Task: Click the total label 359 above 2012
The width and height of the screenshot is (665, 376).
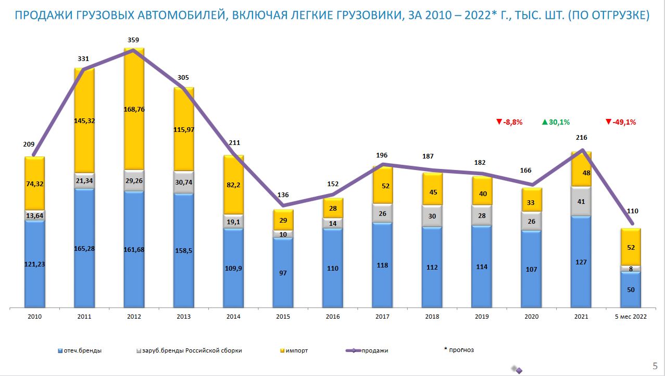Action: pyautogui.click(x=134, y=40)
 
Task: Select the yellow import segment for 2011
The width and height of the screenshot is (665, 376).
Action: pyautogui.click(x=84, y=120)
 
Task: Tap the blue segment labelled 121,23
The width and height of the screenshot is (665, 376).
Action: pyautogui.click(x=35, y=264)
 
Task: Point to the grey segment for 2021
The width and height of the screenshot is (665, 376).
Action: pyautogui.click(x=581, y=201)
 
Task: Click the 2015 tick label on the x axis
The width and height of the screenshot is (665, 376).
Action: pyautogui.click(x=283, y=317)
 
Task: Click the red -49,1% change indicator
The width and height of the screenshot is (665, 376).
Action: pyautogui.click(x=621, y=122)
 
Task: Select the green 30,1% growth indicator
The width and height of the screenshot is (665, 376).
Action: pyautogui.click(x=556, y=122)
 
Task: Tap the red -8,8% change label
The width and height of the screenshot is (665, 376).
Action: pyautogui.click(x=509, y=122)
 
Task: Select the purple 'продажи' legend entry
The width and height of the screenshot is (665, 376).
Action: pyautogui.click(x=374, y=350)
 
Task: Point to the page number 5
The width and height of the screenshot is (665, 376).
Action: pyautogui.click(x=655, y=365)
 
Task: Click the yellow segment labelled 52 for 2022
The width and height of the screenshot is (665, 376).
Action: pyautogui.click(x=631, y=247)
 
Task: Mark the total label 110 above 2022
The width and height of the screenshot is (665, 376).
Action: pyautogui.click(x=633, y=211)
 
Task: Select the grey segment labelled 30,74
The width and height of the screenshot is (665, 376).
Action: pyautogui.click(x=184, y=182)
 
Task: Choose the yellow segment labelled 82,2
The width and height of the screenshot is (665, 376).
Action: pyautogui.click(x=233, y=185)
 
